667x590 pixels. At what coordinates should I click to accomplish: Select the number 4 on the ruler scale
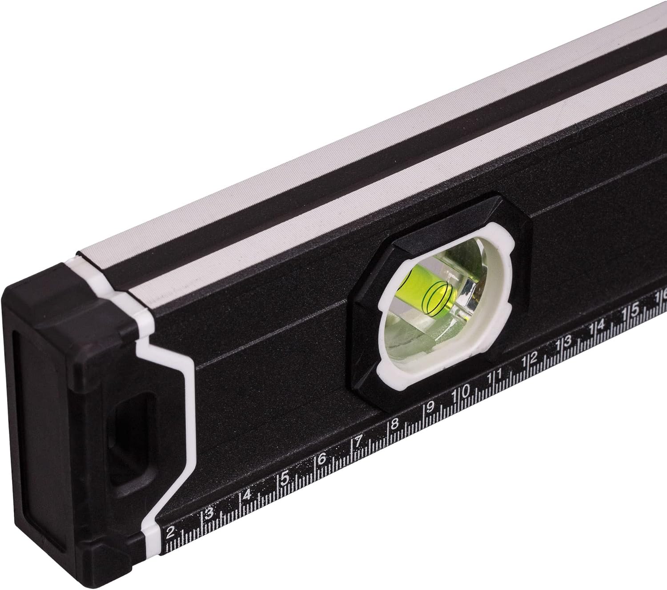pyautogui.click(x=247, y=495)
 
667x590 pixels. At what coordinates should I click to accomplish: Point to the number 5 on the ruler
pyautogui.click(x=285, y=477)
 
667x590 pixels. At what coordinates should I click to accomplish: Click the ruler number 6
pyautogui.click(x=322, y=458)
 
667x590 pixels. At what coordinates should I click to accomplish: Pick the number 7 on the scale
pyautogui.click(x=359, y=440)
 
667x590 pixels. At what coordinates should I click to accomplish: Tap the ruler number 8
pyautogui.click(x=395, y=423)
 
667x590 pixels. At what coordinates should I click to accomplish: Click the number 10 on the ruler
pyautogui.click(x=461, y=392)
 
